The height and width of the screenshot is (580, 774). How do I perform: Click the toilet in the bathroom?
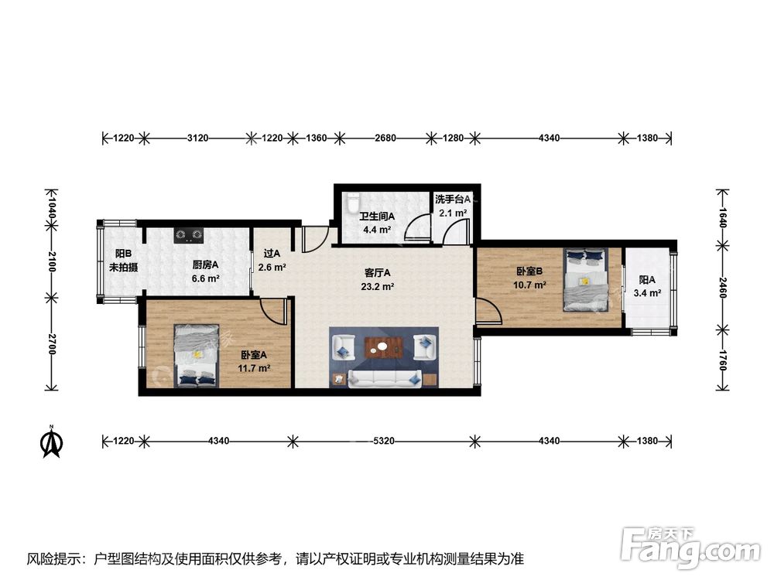[x=352, y=203]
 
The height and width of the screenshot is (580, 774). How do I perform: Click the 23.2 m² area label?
[x=378, y=286]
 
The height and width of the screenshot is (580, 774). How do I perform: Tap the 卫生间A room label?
[x=377, y=217]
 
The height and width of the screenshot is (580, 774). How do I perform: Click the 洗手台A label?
[x=453, y=200]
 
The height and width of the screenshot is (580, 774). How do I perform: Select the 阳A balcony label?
[x=647, y=280]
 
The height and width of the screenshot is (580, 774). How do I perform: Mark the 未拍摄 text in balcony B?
[x=123, y=268]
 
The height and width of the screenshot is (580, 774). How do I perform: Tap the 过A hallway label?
[x=272, y=253]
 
